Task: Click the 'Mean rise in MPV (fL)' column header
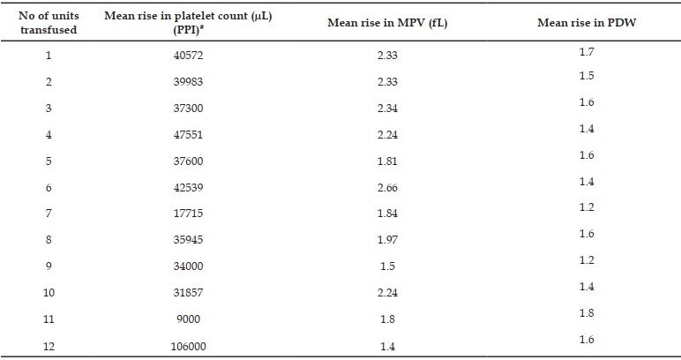coord(387,23)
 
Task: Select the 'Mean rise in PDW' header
coord(587,23)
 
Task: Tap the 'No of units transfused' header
coord(49,23)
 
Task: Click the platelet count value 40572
coord(188,56)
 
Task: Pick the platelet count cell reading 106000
coord(188,346)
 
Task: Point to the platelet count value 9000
coord(188,319)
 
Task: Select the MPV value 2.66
coord(387,188)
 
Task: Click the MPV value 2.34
coord(387,109)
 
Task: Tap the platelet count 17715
coord(188,214)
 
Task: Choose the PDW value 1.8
coord(587,313)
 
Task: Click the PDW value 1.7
coord(587,52)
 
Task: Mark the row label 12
coord(49,346)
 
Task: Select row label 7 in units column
coord(49,214)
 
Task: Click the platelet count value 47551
coord(188,135)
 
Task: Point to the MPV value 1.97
coord(387,240)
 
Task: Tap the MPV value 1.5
coord(387,266)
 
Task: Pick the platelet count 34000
coord(188,266)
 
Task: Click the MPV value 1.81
coord(387,161)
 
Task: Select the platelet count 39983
coord(188,82)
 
